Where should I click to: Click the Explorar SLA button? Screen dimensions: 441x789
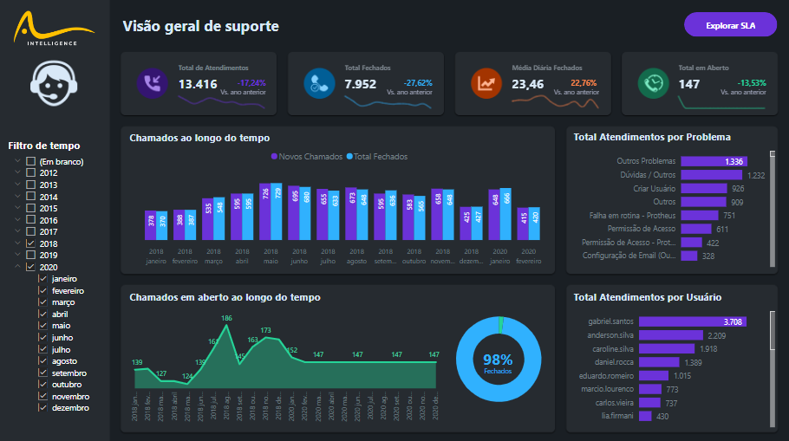[x=730, y=25]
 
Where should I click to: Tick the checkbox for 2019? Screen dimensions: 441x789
[x=31, y=256]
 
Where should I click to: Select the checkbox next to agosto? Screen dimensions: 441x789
[x=43, y=361]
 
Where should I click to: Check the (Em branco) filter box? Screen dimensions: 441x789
[x=31, y=162]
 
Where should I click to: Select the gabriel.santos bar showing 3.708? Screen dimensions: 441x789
[x=714, y=321]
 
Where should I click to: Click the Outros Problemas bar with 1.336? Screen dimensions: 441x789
[x=713, y=161]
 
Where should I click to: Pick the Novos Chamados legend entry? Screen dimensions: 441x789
[x=303, y=157]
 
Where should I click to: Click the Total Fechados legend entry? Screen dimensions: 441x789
[x=377, y=157]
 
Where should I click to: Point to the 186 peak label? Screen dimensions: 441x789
[x=226, y=319]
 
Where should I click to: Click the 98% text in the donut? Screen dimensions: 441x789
[x=498, y=360]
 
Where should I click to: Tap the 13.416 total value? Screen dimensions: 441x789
[x=198, y=84]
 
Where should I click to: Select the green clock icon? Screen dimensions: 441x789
[x=651, y=83]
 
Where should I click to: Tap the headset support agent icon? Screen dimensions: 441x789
[x=55, y=86]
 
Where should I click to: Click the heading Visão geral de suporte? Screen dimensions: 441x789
[x=200, y=26]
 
